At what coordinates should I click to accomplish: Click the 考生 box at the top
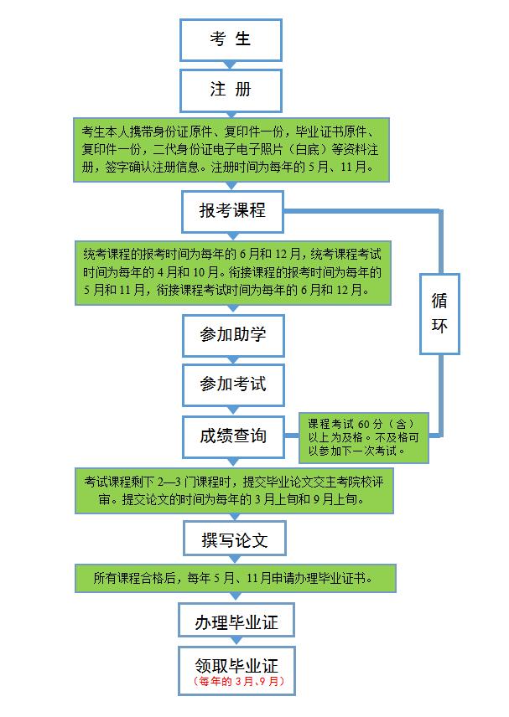(231, 39)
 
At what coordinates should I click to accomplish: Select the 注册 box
(231, 90)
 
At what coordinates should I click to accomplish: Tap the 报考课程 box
(232, 211)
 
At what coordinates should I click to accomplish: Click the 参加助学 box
(233, 335)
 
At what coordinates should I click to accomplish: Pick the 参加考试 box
(233, 385)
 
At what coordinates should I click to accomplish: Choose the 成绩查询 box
(233, 436)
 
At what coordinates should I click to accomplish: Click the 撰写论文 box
(235, 539)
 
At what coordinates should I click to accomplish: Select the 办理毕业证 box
(236, 620)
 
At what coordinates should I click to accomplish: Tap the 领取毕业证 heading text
(236, 665)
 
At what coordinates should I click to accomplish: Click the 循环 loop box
(439, 313)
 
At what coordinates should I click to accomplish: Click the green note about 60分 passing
(363, 437)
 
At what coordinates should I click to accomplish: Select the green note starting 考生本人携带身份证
(231, 150)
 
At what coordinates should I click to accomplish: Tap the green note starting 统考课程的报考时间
(233, 273)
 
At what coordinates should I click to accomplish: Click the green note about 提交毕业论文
(234, 490)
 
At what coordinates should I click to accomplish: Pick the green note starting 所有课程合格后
(236, 579)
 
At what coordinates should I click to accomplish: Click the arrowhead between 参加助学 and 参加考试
(233, 360)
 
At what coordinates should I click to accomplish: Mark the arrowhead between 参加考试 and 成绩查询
(233, 410)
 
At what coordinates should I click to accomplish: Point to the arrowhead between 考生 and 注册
(231, 65)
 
